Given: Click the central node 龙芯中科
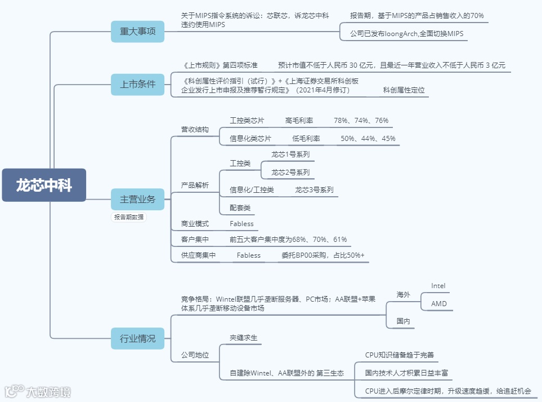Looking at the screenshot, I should pyautogui.click(x=44, y=185).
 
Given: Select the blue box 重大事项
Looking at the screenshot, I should pyautogui.click(x=137, y=32).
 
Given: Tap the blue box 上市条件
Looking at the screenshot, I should pyautogui.click(x=137, y=85).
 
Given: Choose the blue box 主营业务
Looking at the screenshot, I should pyautogui.click(x=137, y=199).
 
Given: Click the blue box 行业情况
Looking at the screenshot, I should pyautogui.click(x=137, y=339).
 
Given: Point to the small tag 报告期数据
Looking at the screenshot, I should pyautogui.click(x=128, y=217).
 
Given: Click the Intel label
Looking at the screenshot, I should pyautogui.click(x=438, y=286).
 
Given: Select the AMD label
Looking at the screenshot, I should pyautogui.click(x=438, y=304).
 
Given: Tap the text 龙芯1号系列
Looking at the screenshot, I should pyautogui.click(x=290, y=154).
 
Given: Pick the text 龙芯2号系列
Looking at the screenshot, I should pyautogui.click(x=290, y=172).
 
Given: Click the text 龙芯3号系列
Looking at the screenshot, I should pyautogui.click(x=314, y=190).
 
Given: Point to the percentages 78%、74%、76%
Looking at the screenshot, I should pyautogui.click(x=361, y=121).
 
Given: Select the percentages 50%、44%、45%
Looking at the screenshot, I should pyautogui.click(x=368, y=139).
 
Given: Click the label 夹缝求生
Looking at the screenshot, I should pyautogui.click(x=243, y=337).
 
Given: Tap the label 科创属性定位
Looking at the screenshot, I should pyautogui.click(x=404, y=90).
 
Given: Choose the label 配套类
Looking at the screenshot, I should pyautogui.click(x=240, y=208).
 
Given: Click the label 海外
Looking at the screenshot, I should pyautogui.click(x=403, y=295).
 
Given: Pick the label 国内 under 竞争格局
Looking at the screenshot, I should pyautogui.click(x=403, y=321).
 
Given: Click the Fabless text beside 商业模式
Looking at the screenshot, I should pyautogui.click(x=241, y=224).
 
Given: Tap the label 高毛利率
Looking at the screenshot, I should pyautogui.click(x=299, y=121).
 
